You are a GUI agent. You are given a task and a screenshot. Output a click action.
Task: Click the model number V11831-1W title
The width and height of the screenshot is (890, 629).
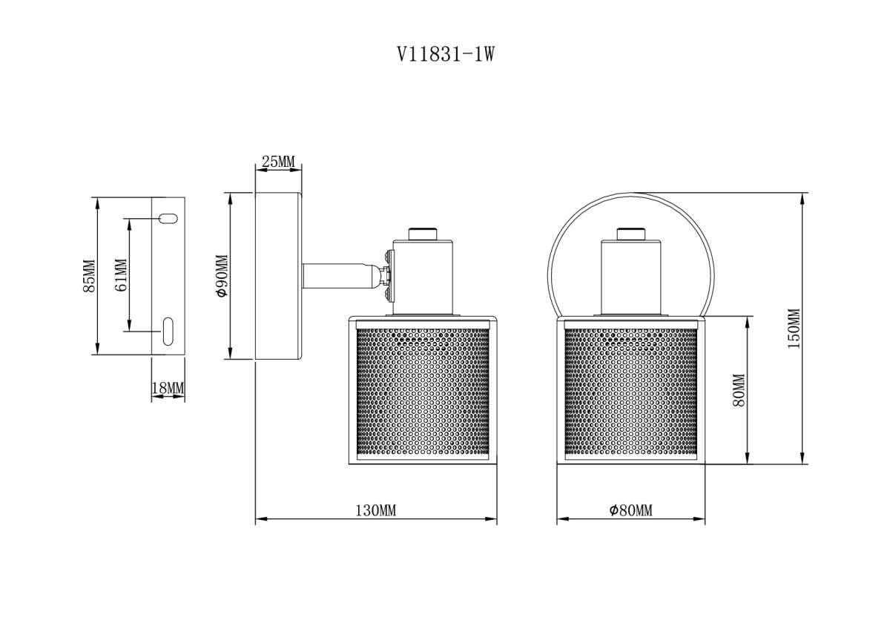click(445, 54)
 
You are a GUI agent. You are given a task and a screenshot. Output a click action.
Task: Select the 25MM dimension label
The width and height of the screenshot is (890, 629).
click(279, 162)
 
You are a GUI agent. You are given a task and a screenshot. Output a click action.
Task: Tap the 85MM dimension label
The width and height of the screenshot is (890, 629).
click(89, 276)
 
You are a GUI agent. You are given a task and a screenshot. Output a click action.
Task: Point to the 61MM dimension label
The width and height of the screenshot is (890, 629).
click(121, 275)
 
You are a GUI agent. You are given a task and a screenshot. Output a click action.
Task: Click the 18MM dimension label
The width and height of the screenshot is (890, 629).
click(168, 388)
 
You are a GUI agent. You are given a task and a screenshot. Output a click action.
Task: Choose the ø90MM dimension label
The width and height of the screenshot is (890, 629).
click(220, 276)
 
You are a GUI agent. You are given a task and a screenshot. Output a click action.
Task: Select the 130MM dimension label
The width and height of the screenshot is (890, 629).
click(376, 511)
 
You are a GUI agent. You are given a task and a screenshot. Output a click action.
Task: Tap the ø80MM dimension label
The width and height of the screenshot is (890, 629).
click(630, 511)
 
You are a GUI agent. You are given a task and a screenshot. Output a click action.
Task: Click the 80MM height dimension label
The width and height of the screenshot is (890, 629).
click(738, 390)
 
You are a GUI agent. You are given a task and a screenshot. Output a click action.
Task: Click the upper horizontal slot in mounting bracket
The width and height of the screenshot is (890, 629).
click(168, 218)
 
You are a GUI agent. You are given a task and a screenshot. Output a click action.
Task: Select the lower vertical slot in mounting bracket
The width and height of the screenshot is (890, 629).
click(168, 330)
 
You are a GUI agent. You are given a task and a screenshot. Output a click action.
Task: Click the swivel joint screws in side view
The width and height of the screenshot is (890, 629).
click(388, 276)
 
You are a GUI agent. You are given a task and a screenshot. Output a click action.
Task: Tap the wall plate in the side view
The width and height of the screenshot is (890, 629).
click(278, 277)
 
